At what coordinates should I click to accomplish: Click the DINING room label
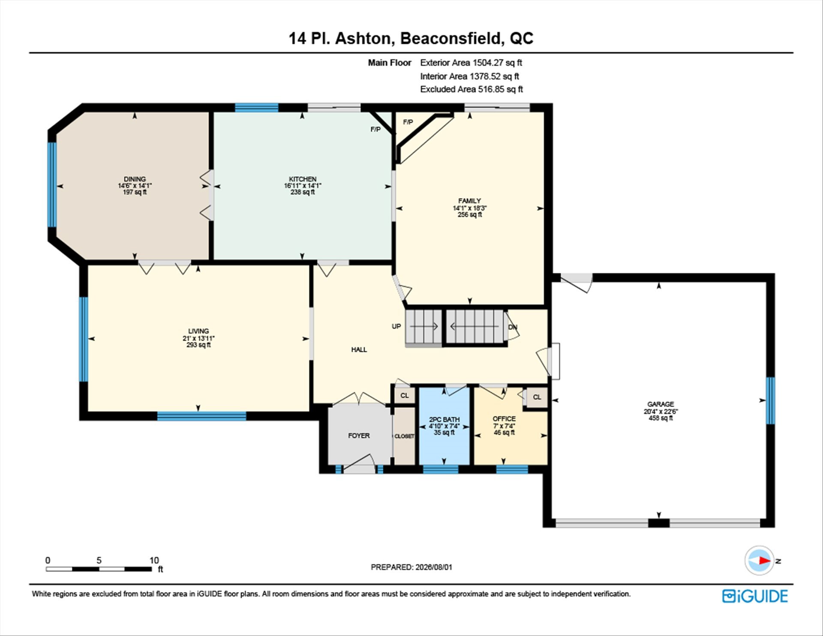135,179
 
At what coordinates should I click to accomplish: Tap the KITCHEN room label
303,179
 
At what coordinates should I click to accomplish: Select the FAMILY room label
469,201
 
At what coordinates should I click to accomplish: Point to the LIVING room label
198,331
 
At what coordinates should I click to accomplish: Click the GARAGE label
661,404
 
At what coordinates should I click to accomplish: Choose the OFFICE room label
504,419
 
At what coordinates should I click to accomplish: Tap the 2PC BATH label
444,419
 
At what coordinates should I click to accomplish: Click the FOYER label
359,436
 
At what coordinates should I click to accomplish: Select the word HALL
359,350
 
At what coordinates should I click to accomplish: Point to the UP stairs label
396,326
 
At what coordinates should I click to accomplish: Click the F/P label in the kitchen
375,129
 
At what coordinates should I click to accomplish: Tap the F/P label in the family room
408,122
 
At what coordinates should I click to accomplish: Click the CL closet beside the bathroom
405,395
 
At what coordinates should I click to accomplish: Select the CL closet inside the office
537,397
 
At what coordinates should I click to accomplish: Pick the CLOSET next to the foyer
404,436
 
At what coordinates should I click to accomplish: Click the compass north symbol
760,560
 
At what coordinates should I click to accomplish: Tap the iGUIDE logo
755,596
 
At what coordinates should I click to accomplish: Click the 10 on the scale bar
154,560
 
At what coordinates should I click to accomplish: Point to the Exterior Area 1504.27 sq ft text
471,63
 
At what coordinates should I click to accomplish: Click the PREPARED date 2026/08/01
434,567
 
